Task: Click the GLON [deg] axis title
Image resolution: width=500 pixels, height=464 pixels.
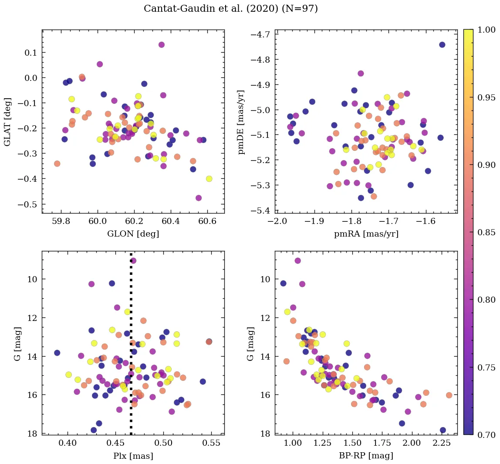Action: tap(133, 234)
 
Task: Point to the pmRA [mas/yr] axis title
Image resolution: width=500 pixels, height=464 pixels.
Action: tap(366, 234)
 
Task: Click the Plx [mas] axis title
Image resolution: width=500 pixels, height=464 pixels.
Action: tap(133, 456)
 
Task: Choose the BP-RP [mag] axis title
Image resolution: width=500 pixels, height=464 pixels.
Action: tap(366, 456)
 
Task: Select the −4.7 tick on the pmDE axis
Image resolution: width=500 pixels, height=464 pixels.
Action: tap(262, 34)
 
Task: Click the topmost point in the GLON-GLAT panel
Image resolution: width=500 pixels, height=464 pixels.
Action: tap(161, 45)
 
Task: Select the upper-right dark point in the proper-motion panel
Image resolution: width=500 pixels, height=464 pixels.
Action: tap(442, 45)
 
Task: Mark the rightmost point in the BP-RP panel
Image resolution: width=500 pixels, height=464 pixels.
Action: tap(449, 395)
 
